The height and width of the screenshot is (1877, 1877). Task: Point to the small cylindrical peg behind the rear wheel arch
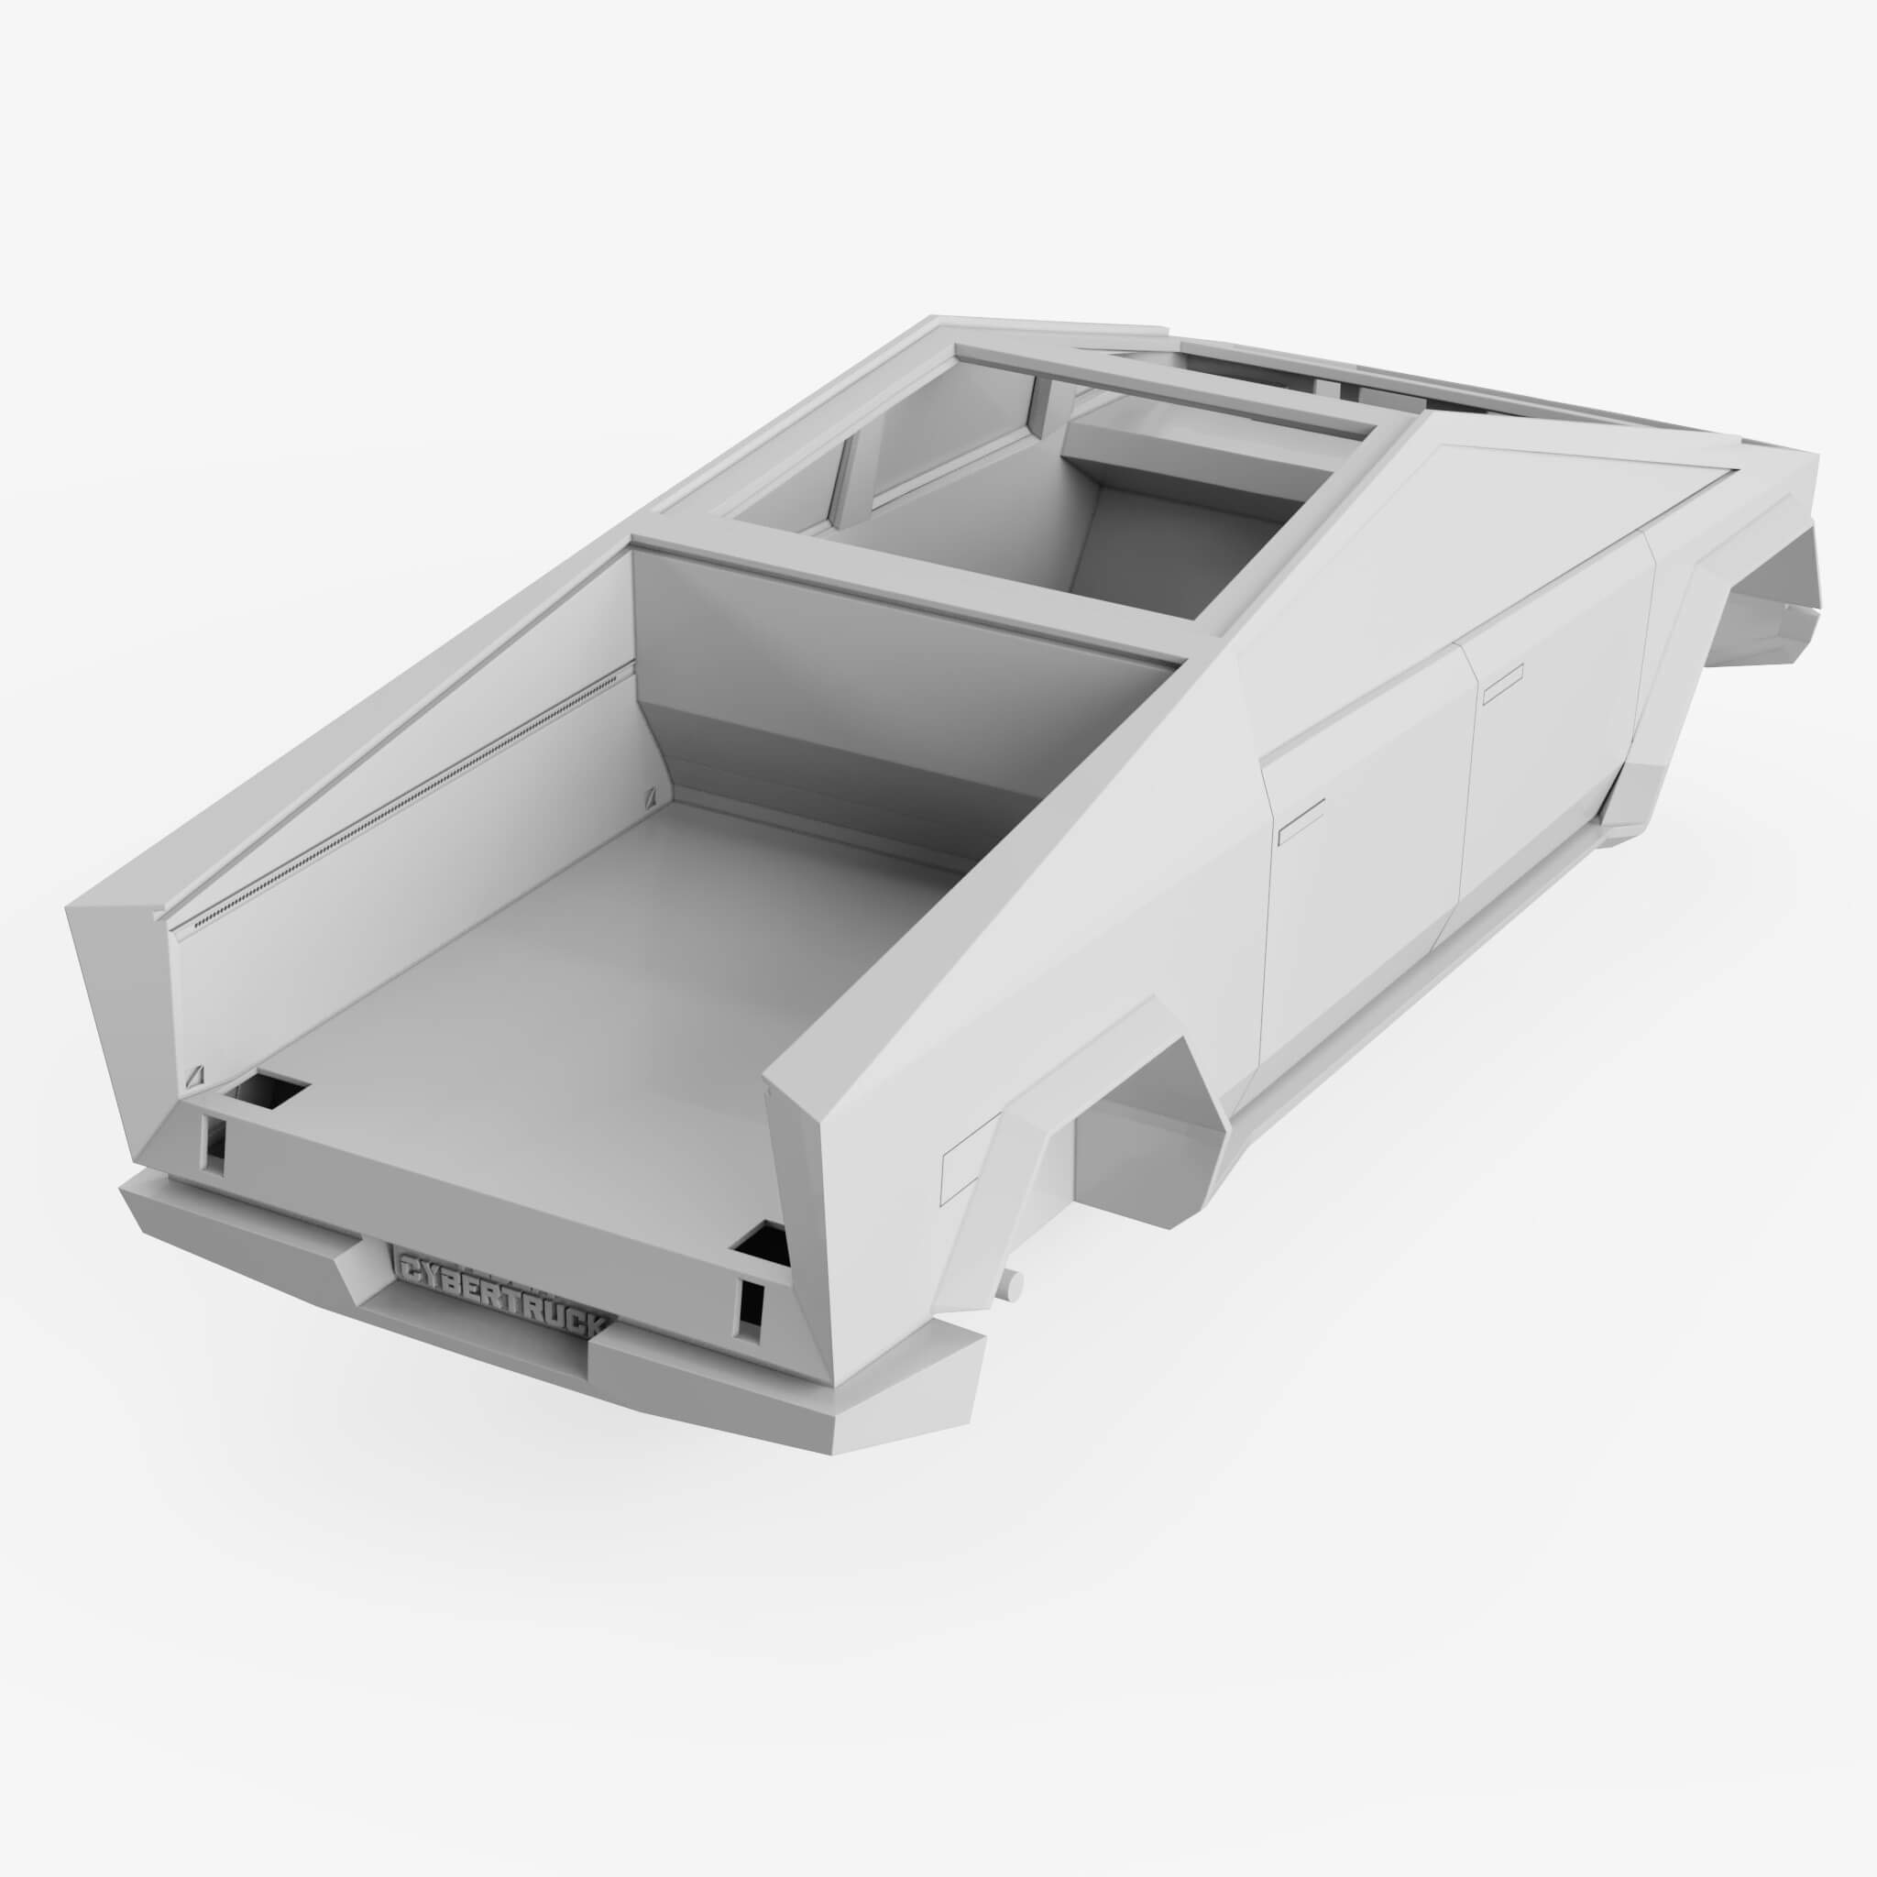1015,1284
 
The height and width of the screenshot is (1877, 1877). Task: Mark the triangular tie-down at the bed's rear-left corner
197,1077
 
